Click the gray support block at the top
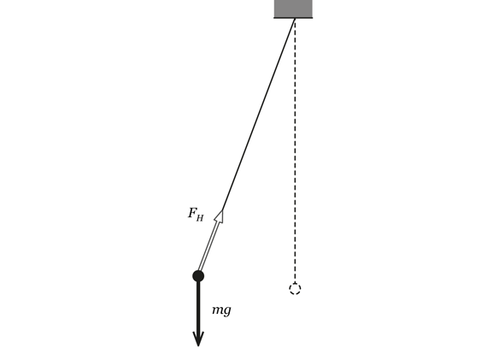pos(293,9)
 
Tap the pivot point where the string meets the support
pos(295,18)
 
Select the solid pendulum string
pos(258,114)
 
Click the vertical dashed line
pos(295,150)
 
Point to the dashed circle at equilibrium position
pos(295,288)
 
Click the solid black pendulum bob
pos(198,276)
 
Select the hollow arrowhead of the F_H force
pos(220,216)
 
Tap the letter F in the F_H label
pos(192,213)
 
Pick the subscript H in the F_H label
pos(200,217)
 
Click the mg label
pos(221,310)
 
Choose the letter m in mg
pos(218,310)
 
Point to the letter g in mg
pos(227,311)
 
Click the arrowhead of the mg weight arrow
pos(198,339)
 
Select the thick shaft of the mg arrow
pos(198,307)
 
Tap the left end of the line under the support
pos(274,18)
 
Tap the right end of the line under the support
pos(313,18)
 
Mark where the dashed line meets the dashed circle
pos(295,283)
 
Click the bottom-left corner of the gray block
pos(275,17)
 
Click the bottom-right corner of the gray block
pos(312,17)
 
